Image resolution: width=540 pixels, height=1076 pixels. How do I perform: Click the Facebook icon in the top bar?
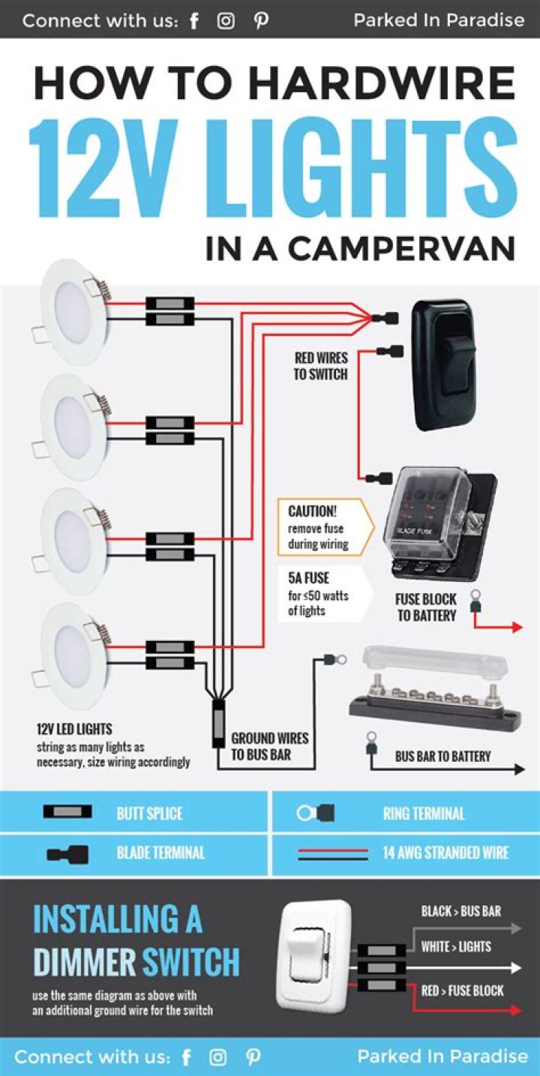(x=194, y=21)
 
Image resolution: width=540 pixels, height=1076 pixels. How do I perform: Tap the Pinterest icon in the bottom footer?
(x=253, y=1057)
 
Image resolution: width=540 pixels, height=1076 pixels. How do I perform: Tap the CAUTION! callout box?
(x=322, y=527)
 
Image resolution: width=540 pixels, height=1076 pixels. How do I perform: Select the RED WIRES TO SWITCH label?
(x=321, y=366)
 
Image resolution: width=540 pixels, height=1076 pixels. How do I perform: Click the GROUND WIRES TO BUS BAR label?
(x=269, y=746)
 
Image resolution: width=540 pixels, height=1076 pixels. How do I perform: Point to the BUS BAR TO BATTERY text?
(x=442, y=757)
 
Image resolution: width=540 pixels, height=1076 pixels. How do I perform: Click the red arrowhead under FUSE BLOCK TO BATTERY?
(x=517, y=627)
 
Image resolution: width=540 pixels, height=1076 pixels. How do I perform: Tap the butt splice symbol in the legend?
(x=68, y=812)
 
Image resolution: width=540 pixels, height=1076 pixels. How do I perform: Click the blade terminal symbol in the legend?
(x=67, y=853)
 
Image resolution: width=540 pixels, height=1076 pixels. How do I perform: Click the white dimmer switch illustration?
(x=314, y=955)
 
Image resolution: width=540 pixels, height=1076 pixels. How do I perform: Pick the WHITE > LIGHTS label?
(x=456, y=946)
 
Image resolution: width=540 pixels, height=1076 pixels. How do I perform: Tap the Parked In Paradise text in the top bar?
(x=439, y=20)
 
